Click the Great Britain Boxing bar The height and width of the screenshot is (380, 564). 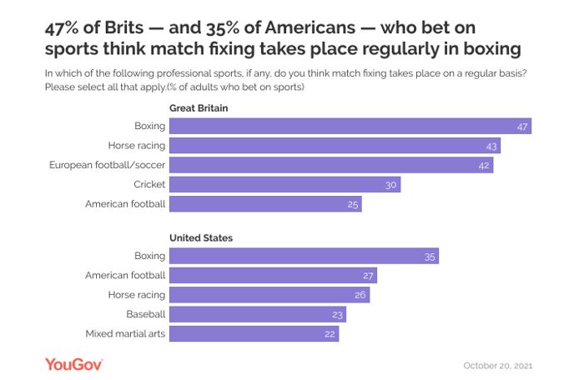click(x=350, y=127)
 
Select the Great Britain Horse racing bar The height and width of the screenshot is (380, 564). click(x=334, y=146)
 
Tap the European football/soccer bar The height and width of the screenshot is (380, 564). click(x=330, y=165)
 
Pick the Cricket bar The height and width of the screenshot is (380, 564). click(x=285, y=184)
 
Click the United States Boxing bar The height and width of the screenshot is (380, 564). click(x=304, y=256)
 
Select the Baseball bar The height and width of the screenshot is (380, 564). click(x=257, y=314)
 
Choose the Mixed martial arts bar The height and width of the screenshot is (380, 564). click(x=254, y=333)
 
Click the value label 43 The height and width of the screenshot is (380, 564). click(x=492, y=146)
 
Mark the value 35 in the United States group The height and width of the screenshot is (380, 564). click(x=430, y=257)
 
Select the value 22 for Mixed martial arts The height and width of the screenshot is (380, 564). click(x=330, y=333)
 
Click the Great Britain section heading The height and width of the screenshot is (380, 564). click(x=199, y=108)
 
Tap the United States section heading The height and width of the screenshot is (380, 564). click(x=201, y=237)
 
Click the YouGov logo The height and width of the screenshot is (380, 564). click(x=73, y=363)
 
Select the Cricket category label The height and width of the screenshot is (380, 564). click(x=149, y=184)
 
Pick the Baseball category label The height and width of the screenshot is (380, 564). click(x=145, y=314)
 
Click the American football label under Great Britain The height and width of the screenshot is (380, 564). click(x=126, y=203)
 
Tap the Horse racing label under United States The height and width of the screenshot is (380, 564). click(x=137, y=295)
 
